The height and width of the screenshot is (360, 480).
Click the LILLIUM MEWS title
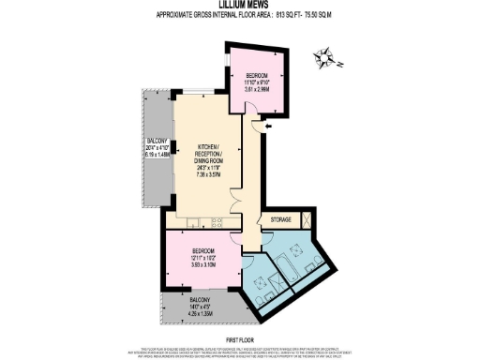[x=240, y=7]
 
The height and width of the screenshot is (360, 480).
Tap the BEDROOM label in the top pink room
[x=257, y=75]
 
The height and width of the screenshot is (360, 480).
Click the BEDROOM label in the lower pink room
[x=203, y=251]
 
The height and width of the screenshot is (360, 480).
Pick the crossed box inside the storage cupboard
[x=304, y=220]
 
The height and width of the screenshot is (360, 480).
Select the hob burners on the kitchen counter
[x=217, y=223]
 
